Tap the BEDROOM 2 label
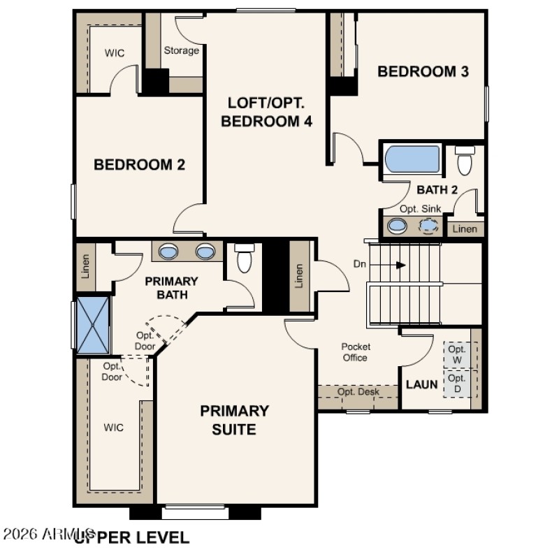tap(139, 165)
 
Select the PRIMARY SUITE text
tap(234, 419)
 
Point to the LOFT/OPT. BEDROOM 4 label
tap(266, 112)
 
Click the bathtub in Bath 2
tap(412, 159)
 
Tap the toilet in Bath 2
tap(465, 161)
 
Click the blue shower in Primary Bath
tap(93, 324)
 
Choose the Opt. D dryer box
tap(457, 383)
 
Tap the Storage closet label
tap(181, 50)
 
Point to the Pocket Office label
tap(355, 352)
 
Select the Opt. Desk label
tap(358, 392)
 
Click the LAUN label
tap(422, 384)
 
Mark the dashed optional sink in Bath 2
tap(428, 226)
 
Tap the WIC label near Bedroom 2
tap(114, 52)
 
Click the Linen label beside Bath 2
tap(465, 229)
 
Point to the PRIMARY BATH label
tap(171, 288)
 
